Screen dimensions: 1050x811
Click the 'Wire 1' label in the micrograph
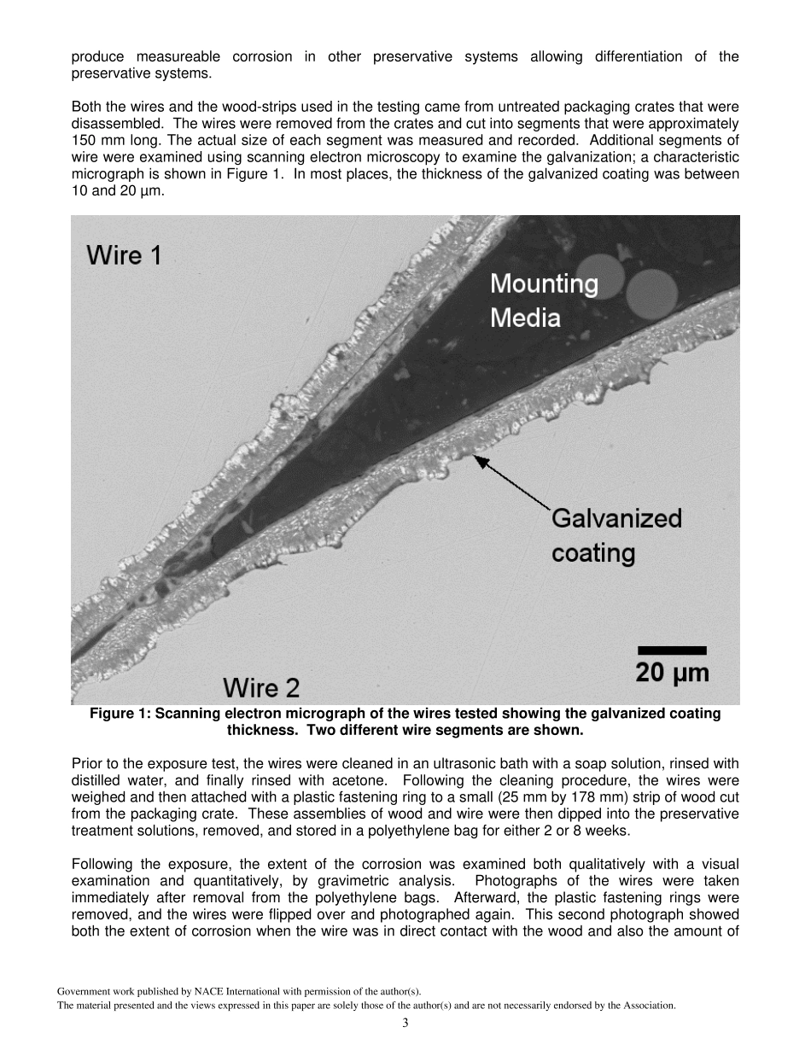pyautogui.click(x=124, y=254)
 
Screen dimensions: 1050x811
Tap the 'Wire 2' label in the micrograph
pyautogui.click(x=260, y=687)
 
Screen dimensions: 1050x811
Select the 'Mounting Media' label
pyautogui.click(x=543, y=300)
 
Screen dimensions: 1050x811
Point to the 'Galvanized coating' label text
pyautogui.click(x=616, y=535)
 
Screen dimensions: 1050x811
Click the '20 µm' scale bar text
pyautogui.click(x=672, y=673)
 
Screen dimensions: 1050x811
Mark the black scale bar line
pyautogui.click(x=672, y=650)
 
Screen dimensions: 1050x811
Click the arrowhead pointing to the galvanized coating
pyautogui.click(x=480, y=460)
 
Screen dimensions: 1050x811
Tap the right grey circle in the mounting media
pyautogui.click(x=651, y=290)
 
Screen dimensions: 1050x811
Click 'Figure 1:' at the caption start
pyautogui.click(x=119, y=714)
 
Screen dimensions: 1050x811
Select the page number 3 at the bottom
pyautogui.click(x=405, y=1023)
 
